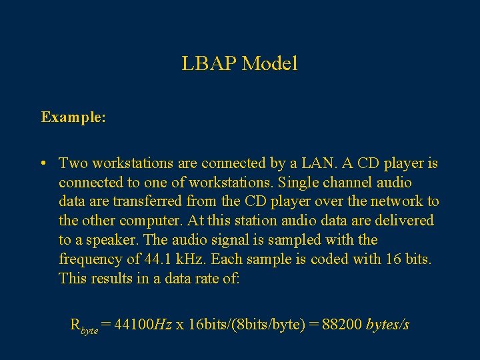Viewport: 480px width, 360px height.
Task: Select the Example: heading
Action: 73,117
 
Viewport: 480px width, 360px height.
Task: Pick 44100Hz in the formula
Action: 143,325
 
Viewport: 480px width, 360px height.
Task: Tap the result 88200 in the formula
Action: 341,325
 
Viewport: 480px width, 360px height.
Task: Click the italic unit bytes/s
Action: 387,325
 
